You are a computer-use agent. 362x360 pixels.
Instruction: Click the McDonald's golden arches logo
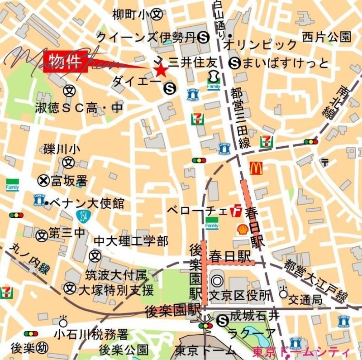[256, 168]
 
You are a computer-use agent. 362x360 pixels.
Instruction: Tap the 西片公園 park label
[327, 36]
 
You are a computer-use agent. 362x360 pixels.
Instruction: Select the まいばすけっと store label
[285, 62]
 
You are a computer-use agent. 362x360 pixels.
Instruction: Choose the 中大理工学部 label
[131, 240]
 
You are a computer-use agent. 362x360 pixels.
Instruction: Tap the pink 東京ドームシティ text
[301, 352]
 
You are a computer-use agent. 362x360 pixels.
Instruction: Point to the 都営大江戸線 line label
[315, 281]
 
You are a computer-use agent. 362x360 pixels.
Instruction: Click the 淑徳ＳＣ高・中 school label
[79, 108]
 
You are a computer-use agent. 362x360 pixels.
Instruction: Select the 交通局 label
[306, 300]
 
